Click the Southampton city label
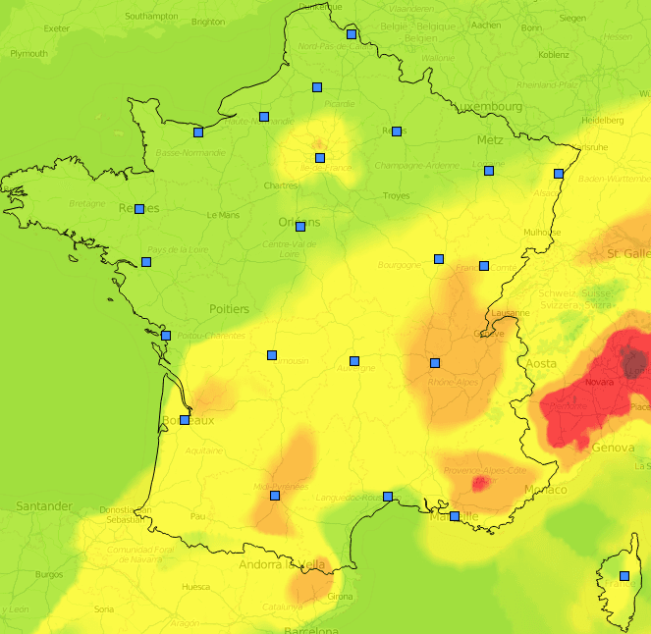[x=152, y=17]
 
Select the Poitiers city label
[x=229, y=309]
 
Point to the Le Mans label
[x=223, y=215]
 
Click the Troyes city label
[x=396, y=196]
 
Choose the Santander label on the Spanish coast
[x=43, y=506]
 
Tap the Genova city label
[x=614, y=448]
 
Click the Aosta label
[x=541, y=363]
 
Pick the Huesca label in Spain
[x=195, y=587]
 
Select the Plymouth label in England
[x=28, y=54]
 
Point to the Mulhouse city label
[x=543, y=233]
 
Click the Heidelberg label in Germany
[x=603, y=120]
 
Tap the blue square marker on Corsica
[x=624, y=576]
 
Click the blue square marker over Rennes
[x=139, y=209]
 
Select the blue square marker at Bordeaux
[x=185, y=420]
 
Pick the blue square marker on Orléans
[x=300, y=227]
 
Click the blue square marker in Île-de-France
[x=319, y=158]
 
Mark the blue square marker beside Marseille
[x=454, y=516]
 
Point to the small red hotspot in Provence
[x=480, y=482]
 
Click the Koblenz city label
[x=553, y=55]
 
